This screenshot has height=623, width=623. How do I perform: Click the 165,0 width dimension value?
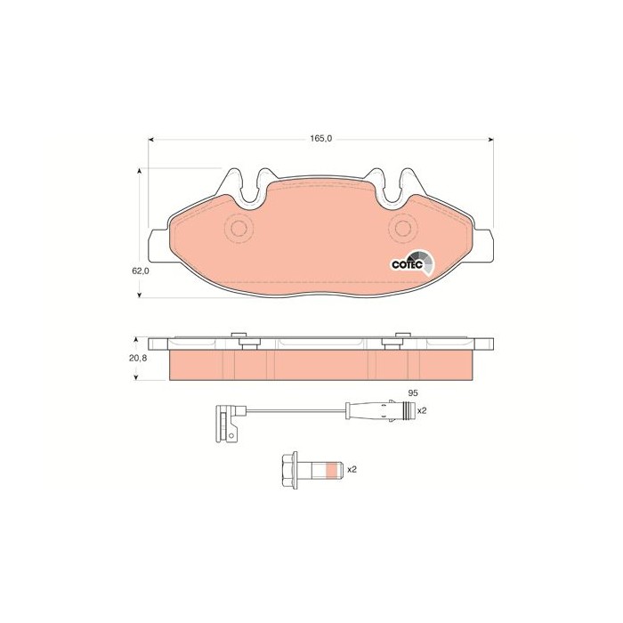point(320,139)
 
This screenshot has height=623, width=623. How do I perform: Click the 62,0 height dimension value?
point(141,271)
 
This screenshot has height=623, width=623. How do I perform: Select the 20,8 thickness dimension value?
point(138,358)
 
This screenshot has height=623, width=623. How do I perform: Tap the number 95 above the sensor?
point(413,393)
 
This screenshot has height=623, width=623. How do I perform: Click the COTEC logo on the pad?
point(412,263)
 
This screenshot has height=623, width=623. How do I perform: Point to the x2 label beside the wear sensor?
point(422,410)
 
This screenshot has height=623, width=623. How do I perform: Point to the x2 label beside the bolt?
point(352,469)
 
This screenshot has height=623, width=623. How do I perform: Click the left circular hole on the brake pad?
point(239,228)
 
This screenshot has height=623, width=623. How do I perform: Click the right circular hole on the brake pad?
point(403,228)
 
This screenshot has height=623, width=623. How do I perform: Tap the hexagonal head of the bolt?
point(289,470)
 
